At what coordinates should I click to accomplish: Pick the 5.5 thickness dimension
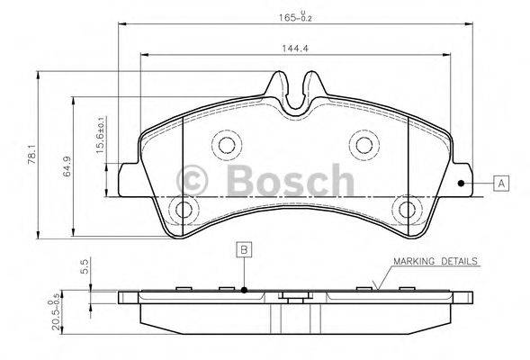pyautogui.click(x=85, y=267)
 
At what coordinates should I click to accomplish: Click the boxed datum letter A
pyautogui.click(x=502, y=183)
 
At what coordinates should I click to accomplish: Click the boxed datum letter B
pyautogui.click(x=244, y=249)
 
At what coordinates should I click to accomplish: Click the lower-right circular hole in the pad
pyautogui.click(x=408, y=211)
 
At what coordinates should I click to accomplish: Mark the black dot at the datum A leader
pyautogui.click(x=462, y=183)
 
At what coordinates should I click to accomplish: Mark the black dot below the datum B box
pyautogui.click(x=244, y=290)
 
